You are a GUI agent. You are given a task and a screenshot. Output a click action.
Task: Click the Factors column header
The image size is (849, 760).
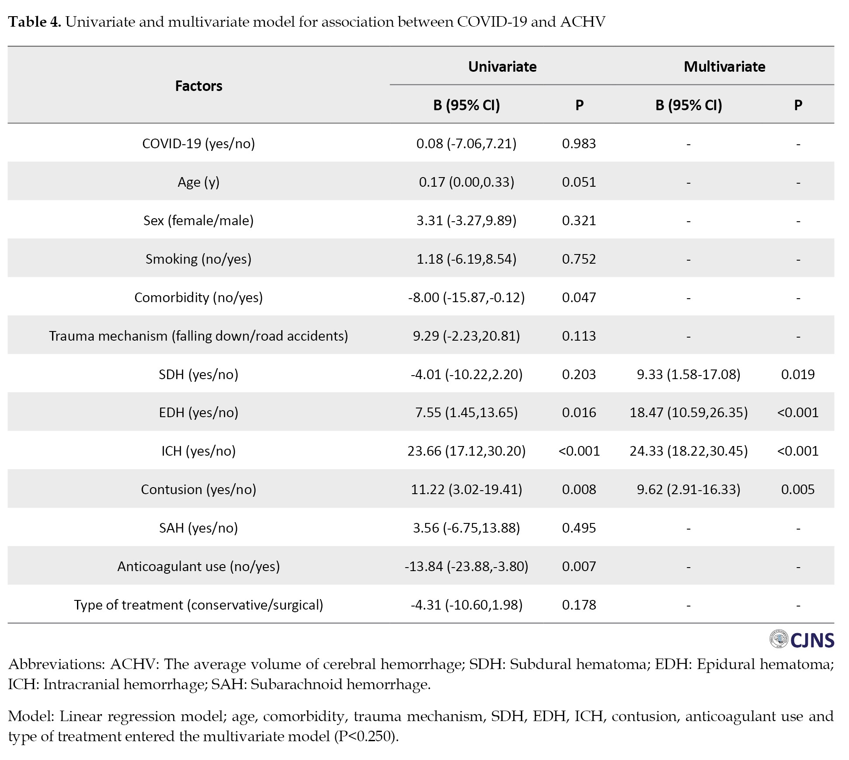[199, 86]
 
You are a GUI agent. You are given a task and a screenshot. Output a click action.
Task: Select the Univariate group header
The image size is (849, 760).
[502, 66]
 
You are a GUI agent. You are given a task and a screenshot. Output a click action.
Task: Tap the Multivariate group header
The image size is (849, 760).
[724, 66]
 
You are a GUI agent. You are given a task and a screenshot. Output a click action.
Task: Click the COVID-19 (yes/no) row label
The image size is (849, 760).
[199, 143]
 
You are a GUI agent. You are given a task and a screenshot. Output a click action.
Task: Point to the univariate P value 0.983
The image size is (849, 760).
[579, 143]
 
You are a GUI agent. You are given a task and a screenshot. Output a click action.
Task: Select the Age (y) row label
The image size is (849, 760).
[199, 182]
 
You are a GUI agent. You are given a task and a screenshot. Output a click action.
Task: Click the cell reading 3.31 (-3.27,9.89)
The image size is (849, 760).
[466, 220]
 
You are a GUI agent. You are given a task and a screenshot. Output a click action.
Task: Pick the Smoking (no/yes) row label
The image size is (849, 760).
[199, 259]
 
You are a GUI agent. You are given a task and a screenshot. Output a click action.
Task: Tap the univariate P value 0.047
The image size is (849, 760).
[579, 297]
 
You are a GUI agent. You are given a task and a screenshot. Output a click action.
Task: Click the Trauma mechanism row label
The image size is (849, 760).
[199, 336]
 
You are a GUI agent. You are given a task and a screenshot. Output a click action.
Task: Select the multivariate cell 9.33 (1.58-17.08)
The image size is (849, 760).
[688, 374]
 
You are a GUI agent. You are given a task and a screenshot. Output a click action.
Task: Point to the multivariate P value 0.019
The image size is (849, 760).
[798, 374]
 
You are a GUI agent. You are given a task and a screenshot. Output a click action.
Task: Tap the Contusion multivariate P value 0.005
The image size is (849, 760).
[798, 489]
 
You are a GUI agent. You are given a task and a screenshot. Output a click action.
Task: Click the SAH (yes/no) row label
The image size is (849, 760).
[199, 528]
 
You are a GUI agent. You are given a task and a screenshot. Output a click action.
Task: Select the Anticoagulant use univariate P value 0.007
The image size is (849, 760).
[579, 566]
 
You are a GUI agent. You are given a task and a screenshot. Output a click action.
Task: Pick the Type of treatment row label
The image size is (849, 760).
[199, 605]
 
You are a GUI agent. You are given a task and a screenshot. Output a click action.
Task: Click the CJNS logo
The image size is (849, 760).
[802, 640]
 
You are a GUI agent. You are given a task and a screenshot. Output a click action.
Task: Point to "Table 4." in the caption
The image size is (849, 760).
[35, 22]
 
